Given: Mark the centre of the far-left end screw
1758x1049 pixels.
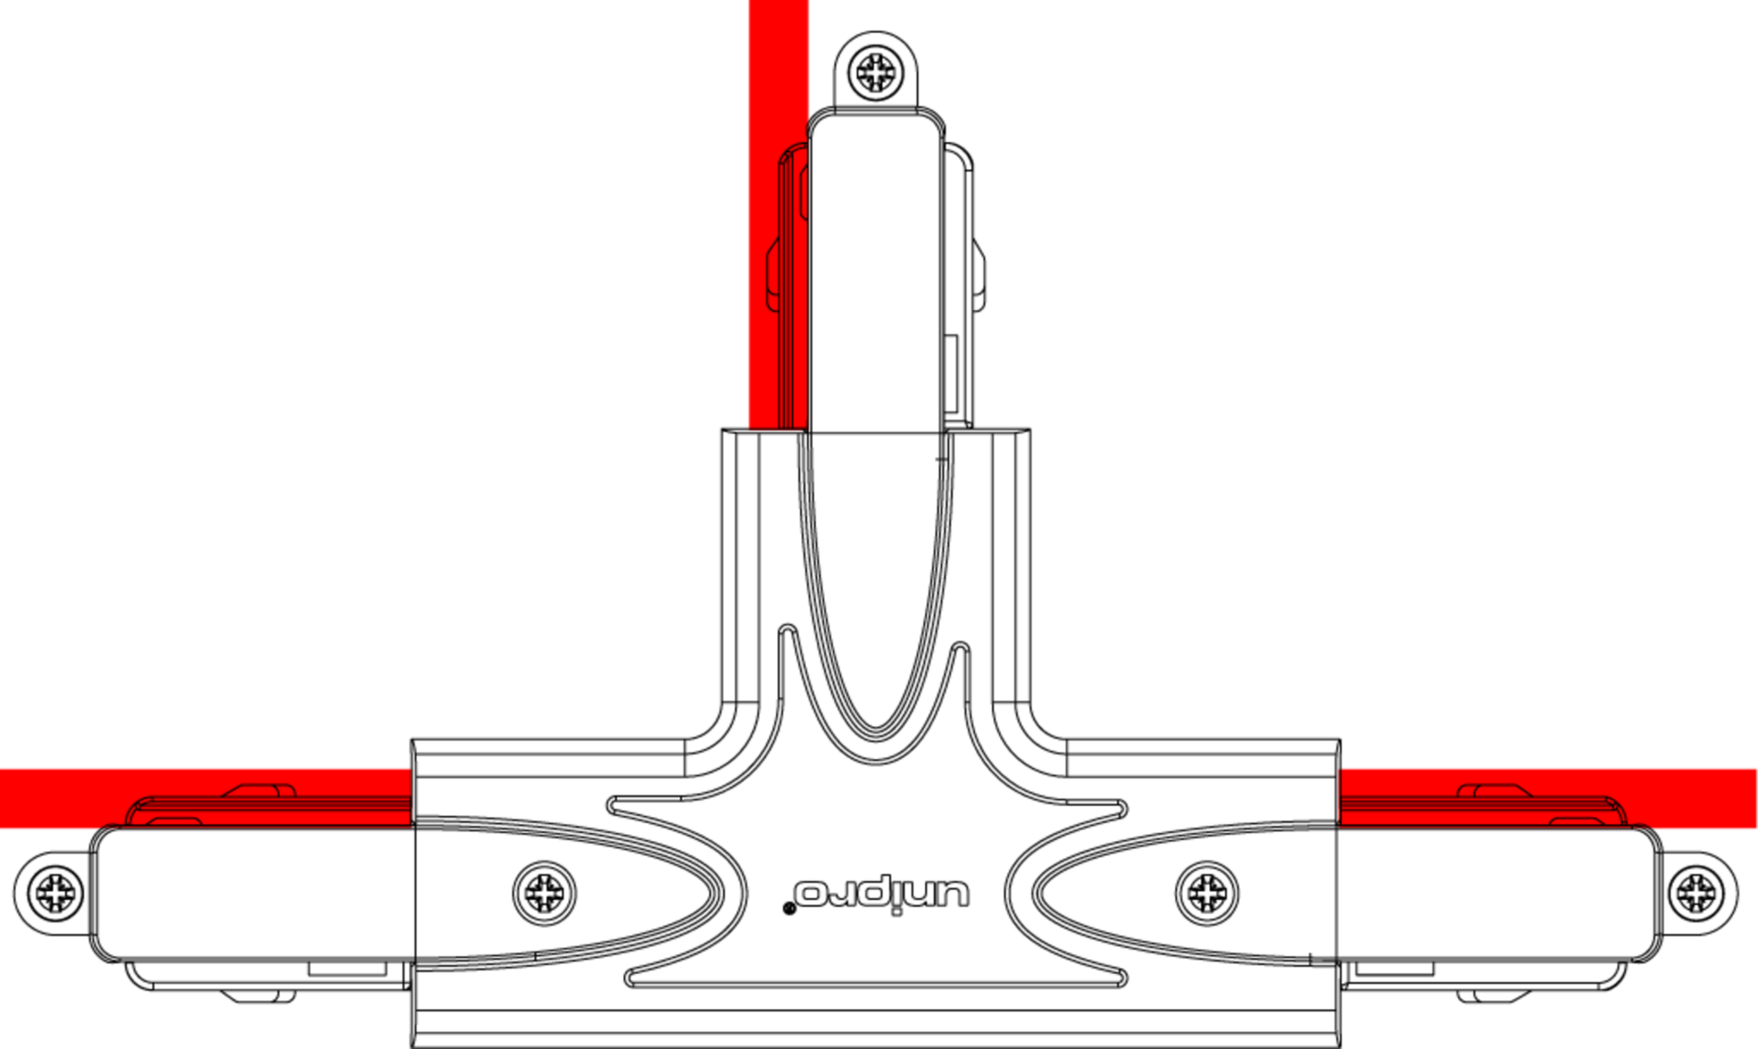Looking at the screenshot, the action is coord(55,893).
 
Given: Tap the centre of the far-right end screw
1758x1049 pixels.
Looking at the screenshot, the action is coord(1696,893).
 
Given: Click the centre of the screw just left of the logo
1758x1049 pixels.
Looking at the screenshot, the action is coord(544,893).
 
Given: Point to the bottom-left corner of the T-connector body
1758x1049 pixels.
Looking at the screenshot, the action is coord(413,1046).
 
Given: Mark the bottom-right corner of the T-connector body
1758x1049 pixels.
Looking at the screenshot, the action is coord(1339,1046).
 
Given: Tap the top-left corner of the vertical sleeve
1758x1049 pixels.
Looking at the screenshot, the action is coord(723,430).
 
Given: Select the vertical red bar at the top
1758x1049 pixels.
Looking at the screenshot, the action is coord(778,214).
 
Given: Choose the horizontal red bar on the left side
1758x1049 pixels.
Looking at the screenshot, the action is coord(206,798).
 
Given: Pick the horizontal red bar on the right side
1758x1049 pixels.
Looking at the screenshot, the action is coord(1548,798).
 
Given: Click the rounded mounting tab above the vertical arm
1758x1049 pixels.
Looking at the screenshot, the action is coord(874,72).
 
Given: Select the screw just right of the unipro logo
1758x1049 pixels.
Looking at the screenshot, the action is coord(1207,893).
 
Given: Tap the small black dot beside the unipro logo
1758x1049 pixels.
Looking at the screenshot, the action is coord(789,908).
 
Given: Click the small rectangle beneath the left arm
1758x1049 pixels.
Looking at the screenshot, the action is coord(348,969).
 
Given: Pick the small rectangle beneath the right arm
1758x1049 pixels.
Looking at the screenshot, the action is coord(1395,969).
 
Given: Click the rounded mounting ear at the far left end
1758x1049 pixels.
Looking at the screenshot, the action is coord(52,893).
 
